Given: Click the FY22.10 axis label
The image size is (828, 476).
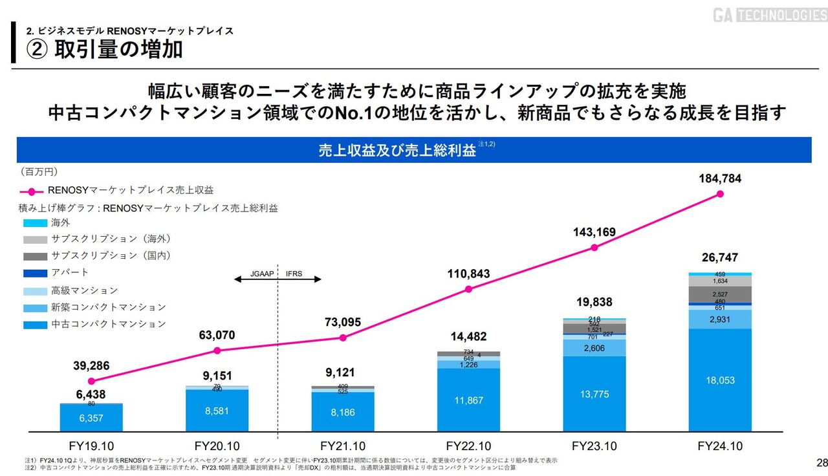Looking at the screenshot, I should click(x=468, y=446).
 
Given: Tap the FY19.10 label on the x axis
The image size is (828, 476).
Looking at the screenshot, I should click(x=91, y=446).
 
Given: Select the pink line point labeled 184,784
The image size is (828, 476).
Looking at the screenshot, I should click(x=719, y=193).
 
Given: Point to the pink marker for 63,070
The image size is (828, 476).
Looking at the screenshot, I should click(x=217, y=351).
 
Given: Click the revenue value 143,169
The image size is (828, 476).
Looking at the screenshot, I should click(x=594, y=232).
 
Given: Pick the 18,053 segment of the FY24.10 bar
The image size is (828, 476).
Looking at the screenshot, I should click(x=719, y=380).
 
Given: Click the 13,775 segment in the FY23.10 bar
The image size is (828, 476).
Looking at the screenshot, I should click(x=594, y=394).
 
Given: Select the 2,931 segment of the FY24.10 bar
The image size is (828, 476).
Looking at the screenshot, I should click(x=719, y=319).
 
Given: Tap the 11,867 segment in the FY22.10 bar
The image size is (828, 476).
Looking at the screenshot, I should click(x=468, y=400).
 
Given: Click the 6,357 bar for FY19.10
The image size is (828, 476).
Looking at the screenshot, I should click(x=91, y=418).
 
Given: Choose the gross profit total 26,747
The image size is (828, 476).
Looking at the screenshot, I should click(x=719, y=257).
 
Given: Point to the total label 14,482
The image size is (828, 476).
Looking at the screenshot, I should click(x=468, y=336).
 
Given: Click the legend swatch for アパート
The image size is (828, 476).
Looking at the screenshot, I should click(x=35, y=273).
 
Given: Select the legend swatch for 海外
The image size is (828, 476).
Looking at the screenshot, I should click(x=35, y=222).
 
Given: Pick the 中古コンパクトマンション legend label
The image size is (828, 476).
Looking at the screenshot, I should click(x=109, y=324).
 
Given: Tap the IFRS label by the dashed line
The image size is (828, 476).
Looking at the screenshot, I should click(x=295, y=274).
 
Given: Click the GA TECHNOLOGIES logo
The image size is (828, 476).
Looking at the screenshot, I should click(x=770, y=15).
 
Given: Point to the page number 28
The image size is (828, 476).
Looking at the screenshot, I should click(x=822, y=462).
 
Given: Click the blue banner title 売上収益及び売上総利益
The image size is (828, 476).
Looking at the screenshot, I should click(x=397, y=151).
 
